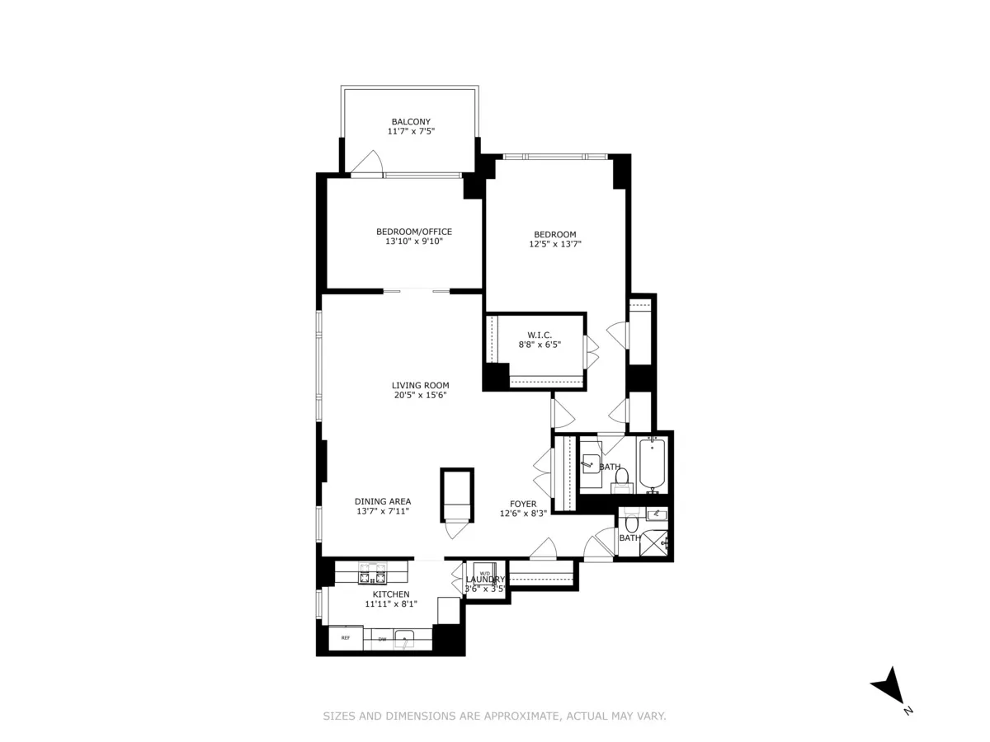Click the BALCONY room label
tap(410, 121)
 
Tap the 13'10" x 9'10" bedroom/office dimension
tap(414, 242)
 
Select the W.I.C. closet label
tap(528, 335)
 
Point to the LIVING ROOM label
tap(420, 385)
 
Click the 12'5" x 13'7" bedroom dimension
tap(555, 244)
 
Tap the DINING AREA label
tap(383, 501)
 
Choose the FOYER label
tap(523, 504)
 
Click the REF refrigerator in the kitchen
tap(346, 638)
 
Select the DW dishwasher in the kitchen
tap(382, 638)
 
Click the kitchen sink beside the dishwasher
tap(405, 637)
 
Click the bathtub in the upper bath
tap(651, 466)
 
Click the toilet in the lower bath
tap(632, 523)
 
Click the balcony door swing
tap(367, 162)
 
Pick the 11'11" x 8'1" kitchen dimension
tap(391, 603)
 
